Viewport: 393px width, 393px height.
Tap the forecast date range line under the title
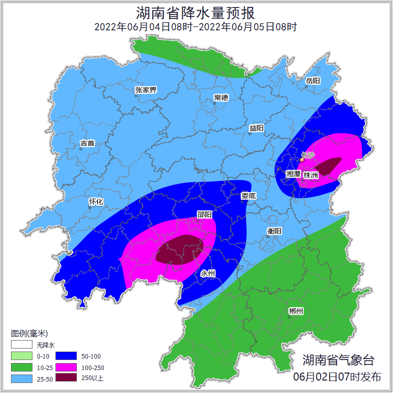(196, 27)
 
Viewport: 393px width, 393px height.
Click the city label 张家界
(146, 90)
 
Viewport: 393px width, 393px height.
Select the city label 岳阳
(313, 80)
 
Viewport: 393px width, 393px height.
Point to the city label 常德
(221, 97)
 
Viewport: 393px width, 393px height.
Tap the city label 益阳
(257, 128)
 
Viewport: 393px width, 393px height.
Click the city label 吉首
(87, 143)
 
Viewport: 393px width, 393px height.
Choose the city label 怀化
(96, 202)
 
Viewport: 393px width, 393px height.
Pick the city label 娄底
(248, 196)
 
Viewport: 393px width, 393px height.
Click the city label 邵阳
(204, 214)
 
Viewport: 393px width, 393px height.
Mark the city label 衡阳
(274, 231)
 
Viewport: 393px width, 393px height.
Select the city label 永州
(208, 274)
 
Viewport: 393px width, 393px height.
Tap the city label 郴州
(296, 311)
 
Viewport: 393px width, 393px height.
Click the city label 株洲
(311, 175)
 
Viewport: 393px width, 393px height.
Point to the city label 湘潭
(294, 173)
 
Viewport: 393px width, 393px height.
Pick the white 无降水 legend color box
(21, 345)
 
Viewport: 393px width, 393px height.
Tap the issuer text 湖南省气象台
(338, 360)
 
